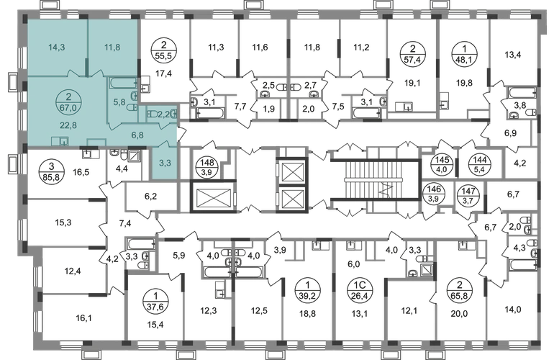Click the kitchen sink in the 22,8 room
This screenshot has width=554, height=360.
pos(63,141)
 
